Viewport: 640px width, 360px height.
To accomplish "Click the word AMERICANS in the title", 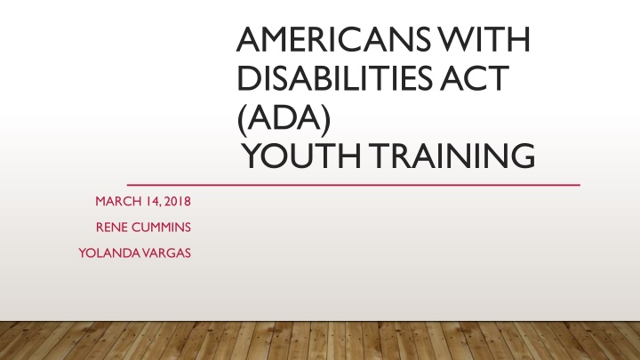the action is click(333, 40).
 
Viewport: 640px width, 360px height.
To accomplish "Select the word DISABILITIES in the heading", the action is click(334, 78).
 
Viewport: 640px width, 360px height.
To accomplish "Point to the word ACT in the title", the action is click(475, 78).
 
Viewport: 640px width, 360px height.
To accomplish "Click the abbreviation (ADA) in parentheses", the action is click(284, 119).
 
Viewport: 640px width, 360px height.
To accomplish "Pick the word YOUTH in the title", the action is click(301, 156).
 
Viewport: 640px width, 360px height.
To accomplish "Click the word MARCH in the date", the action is click(118, 201).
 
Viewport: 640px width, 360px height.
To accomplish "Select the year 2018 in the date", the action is click(178, 201).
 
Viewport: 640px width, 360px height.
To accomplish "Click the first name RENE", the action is click(112, 228).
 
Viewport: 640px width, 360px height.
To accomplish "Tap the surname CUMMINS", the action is click(161, 228).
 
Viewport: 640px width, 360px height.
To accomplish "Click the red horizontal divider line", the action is click(354, 185).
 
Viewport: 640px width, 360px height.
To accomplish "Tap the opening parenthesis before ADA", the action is click(241, 120).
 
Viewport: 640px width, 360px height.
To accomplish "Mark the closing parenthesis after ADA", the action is click(325, 120).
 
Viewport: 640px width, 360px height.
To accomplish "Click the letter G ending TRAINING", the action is click(524, 156).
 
